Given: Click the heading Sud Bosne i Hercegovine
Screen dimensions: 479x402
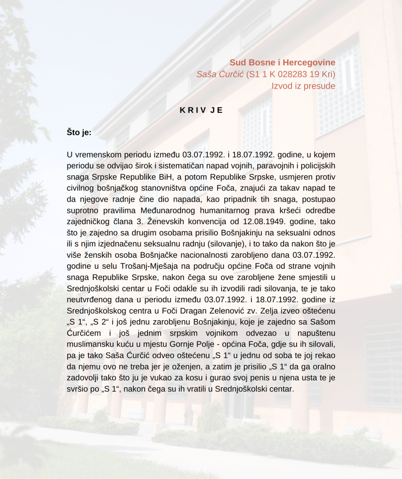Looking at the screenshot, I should pos(282,62).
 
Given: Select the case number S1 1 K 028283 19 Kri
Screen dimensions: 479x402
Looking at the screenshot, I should pos(291,74).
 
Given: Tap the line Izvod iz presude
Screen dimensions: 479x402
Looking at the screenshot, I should pos(303,85).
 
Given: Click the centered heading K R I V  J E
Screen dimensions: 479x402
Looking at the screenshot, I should pos(201,110).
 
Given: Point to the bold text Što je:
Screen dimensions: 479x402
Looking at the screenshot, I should pos(79,132).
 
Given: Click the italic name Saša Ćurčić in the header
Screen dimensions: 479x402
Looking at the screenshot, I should pos(220,74).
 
